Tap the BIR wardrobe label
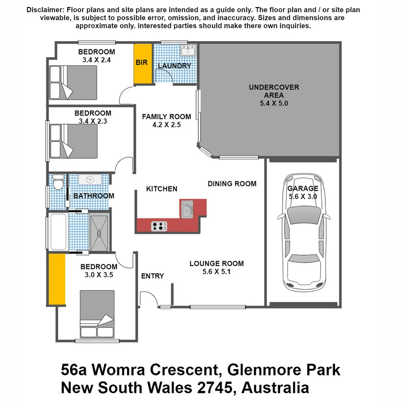(141, 62)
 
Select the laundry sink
(187, 50)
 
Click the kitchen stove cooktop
(159, 226)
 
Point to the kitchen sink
(187, 209)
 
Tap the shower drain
(99, 233)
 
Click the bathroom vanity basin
(89, 180)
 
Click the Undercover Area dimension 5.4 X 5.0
(274, 103)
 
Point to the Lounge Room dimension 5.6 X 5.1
(216, 272)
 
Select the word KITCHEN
(162, 189)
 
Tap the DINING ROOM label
(232, 184)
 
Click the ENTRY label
(152, 276)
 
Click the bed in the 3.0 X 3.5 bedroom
(97, 314)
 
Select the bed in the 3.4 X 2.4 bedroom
(73, 83)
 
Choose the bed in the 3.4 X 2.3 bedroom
(73, 141)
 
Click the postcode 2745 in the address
(214, 388)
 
